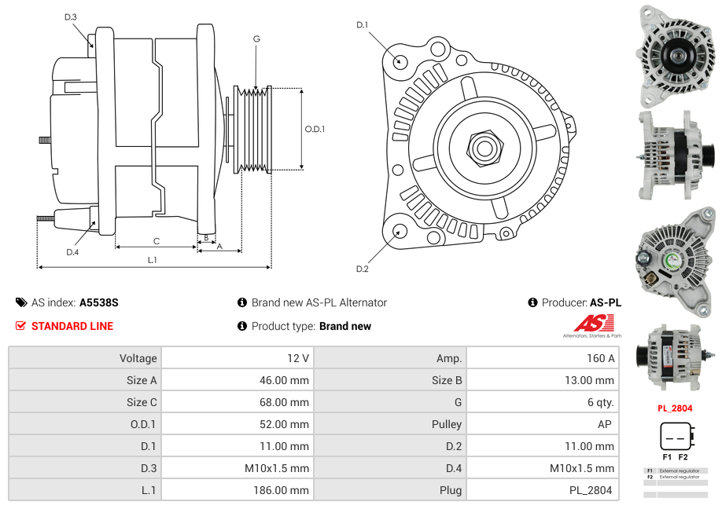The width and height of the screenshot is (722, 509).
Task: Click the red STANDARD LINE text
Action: tap(72, 326)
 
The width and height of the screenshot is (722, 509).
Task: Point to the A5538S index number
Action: tap(99, 302)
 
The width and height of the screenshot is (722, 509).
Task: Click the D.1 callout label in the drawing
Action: tap(362, 25)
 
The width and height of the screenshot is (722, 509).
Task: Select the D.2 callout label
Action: tap(362, 269)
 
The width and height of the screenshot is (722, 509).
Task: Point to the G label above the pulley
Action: tap(256, 38)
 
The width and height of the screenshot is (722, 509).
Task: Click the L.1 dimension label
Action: tap(153, 259)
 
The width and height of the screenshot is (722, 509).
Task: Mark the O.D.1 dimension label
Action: tap(315, 130)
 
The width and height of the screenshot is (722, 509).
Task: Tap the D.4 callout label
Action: tap(72, 252)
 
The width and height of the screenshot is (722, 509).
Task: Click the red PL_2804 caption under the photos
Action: tap(675, 408)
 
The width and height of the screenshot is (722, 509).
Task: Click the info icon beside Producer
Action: tap(532, 302)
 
